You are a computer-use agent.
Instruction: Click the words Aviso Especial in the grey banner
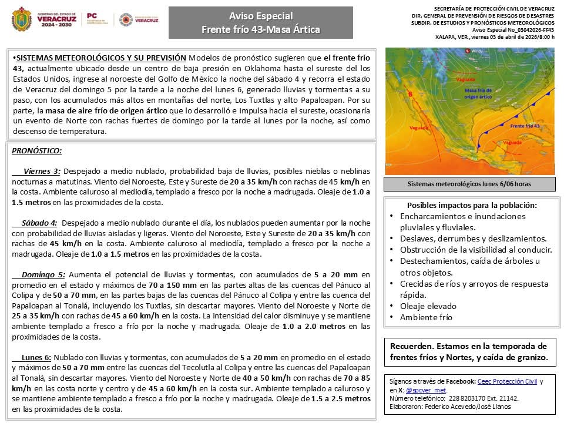(x=260, y=16)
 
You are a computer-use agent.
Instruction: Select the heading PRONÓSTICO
(x=36, y=151)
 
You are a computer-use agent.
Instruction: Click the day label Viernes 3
(x=42, y=171)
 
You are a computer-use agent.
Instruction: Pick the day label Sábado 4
(x=39, y=223)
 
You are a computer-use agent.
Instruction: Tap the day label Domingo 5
(x=43, y=274)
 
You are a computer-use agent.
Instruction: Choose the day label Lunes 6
(x=36, y=357)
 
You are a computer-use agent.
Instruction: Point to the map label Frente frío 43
(x=525, y=126)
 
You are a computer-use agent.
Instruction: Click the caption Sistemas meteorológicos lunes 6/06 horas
(x=469, y=184)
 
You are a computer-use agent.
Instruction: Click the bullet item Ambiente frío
(x=426, y=317)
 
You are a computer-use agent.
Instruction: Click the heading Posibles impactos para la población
(x=472, y=205)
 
